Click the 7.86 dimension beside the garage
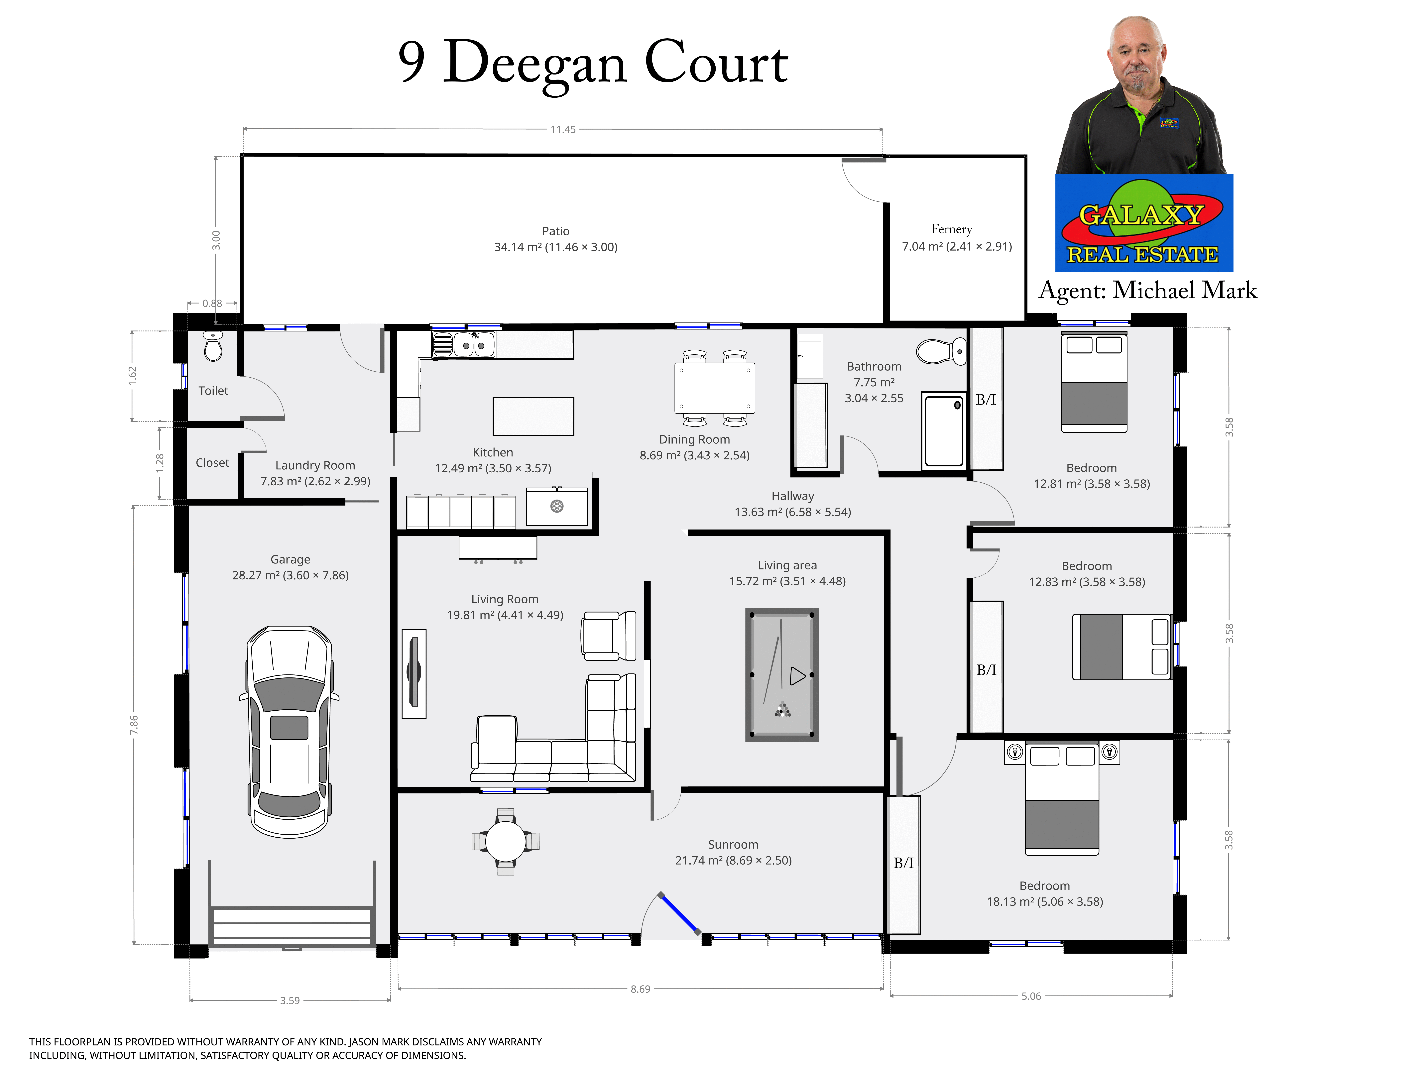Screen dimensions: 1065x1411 coord(134,724)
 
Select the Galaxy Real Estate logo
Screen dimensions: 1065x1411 coord(1144,223)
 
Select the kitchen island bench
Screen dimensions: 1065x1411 coord(533,416)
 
